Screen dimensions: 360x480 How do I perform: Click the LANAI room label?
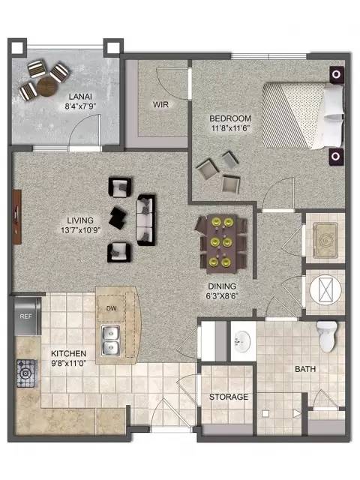[80, 97]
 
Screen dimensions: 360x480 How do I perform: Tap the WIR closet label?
[160, 105]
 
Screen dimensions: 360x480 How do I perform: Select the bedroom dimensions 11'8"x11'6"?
[230, 128]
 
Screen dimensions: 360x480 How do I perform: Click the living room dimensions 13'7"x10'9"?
[80, 230]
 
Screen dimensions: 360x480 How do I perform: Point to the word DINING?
[222, 286]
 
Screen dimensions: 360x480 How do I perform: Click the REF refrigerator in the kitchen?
[27, 316]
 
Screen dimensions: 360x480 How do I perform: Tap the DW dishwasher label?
[112, 308]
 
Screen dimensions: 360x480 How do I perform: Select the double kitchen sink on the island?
[110, 340]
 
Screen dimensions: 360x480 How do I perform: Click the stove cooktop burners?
[27, 373]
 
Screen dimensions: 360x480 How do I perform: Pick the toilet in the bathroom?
[327, 337]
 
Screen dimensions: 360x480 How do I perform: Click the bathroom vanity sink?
[242, 341]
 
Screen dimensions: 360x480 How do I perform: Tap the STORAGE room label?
[229, 397]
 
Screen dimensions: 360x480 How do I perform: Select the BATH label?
[305, 369]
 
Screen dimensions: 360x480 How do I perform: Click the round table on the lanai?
[47, 87]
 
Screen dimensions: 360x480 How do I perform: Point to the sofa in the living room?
[145, 220]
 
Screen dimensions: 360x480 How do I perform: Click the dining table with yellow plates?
[222, 244]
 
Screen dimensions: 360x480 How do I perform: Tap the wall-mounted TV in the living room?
[17, 217]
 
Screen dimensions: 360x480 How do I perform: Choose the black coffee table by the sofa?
[118, 217]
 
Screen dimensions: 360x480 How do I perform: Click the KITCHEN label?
[68, 353]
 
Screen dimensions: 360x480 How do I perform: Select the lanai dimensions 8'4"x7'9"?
[80, 106]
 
